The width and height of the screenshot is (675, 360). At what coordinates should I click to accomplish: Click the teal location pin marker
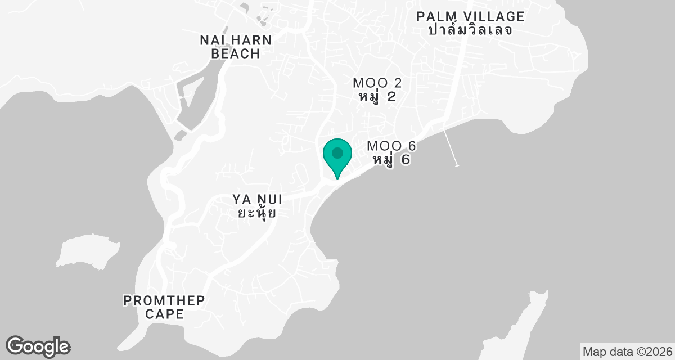pyautogui.click(x=337, y=154)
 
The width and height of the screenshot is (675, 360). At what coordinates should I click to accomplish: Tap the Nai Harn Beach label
pyautogui.click(x=236, y=47)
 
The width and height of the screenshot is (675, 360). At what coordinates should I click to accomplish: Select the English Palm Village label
pyautogui.click(x=470, y=16)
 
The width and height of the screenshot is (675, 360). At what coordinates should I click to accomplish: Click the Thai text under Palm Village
pyautogui.click(x=470, y=30)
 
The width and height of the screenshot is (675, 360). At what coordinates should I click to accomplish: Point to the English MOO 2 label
pyautogui.click(x=377, y=83)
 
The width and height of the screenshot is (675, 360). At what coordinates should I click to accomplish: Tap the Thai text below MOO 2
pyautogui.click(x=377, y=96)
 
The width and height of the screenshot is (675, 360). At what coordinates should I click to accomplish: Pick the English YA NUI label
pyautogui.click(x=256, y=199)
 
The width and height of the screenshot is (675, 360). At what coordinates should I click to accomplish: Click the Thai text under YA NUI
pyautogui.click(x=256, y=213)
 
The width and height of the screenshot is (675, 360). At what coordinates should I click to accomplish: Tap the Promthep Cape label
pyautogui.click(x=164, y=307)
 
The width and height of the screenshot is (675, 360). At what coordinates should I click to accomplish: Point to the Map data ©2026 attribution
pyautogui.click(x=627, y=352)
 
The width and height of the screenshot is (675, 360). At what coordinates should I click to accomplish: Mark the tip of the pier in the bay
pyautogui.click(x=457, y=165)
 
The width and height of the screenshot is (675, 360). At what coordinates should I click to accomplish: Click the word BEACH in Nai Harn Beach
pyautogui.click(x=236, y=54)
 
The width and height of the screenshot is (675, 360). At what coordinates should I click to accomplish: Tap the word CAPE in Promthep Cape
pyautogui.click(x=164, y=314)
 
